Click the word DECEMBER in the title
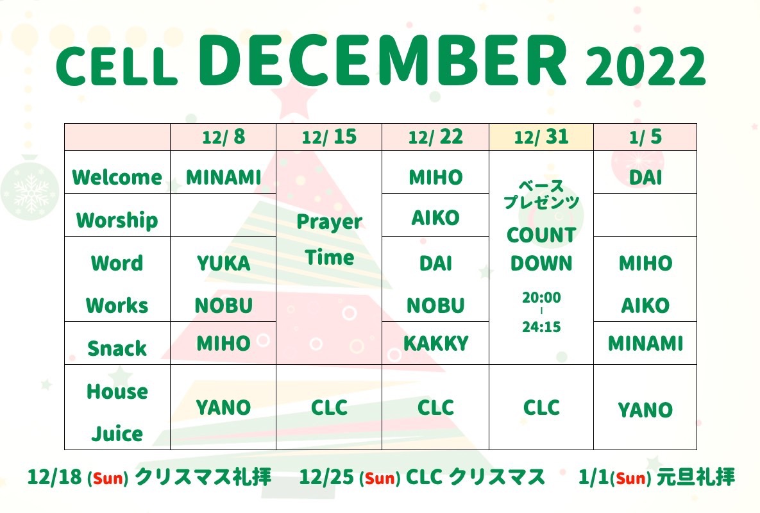(x=382, y=60)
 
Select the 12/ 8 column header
(x=223, y=137)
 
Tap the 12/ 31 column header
(x=541, y=137)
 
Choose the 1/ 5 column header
(x=645, y=137)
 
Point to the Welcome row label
(x=117, y=177)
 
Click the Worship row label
(x=117, y=221)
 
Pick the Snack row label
(x=117, y=348)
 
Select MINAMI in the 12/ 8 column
(x=223, y=177)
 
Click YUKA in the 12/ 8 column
(x=223, y=264)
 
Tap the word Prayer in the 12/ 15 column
(x=329, y=223)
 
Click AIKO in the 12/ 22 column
(x=435, y=218)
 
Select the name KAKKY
(x=435, y=344)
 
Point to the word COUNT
(x=541, y=235)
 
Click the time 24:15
(x=541, y=327)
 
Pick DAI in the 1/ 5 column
(x=645, y=177)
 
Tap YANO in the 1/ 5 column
(x=645, y=410)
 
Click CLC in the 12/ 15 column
(x=329, y=407)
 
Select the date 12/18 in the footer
(x=55, y=477)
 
